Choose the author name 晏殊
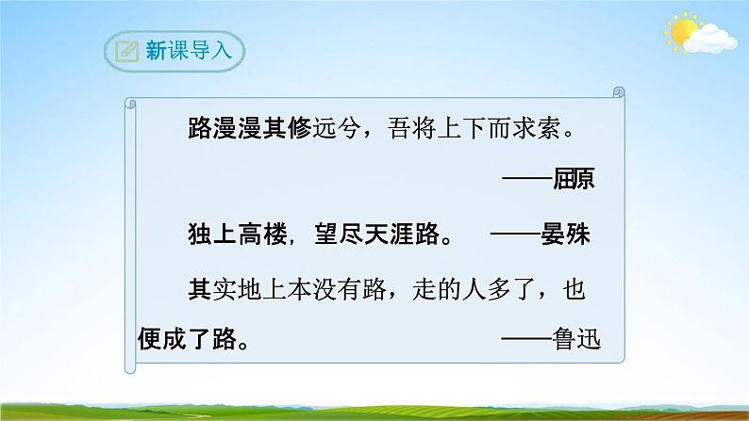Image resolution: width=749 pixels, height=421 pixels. coord(568,235)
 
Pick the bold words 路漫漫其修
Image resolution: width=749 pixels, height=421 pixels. coord(249,131)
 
